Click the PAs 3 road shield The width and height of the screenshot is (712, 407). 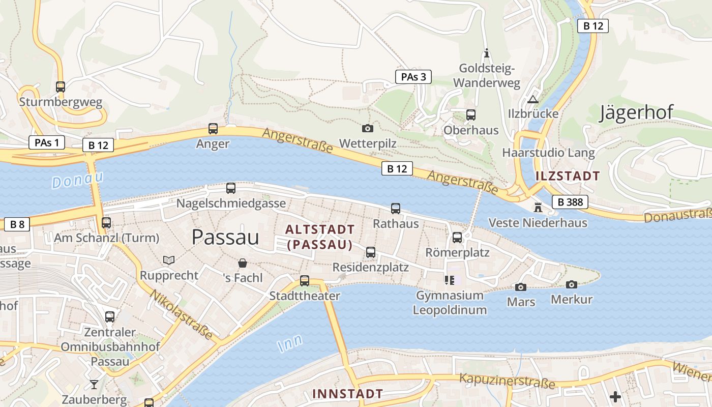click(x=413, y=77)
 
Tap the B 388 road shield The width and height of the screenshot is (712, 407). click(x=570, y=202)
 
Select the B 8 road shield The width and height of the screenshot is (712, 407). click(x=17, y=224)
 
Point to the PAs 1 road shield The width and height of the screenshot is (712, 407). click(x=46, y=142)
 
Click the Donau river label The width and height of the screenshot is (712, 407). click(x=77, y=180)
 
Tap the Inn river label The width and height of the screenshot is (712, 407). click(x=290, y=343)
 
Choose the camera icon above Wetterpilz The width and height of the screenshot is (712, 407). click(x=367, y=129)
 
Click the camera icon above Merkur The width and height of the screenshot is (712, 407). click(x=572, y=284)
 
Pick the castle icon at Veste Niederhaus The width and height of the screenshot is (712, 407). click(x=538, y=208)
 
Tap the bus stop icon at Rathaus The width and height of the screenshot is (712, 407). click(x=396, y=209)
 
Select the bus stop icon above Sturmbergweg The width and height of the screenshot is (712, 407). click(x=61, y=87)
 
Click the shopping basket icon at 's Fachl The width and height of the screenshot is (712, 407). click(x=243, y=263)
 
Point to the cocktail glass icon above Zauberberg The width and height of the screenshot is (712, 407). click(x=94, y=384)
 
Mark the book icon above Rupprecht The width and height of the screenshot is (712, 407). click(x=169, y=260)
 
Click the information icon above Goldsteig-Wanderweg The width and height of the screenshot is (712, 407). click(x=487, y=53)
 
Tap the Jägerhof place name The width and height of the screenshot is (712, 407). click(x=636, y=112)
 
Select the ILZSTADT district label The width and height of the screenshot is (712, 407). click(x=568, y=176)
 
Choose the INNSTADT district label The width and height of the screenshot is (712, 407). click(x=347, y=393)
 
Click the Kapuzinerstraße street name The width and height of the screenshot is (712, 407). click(x=507, y=380)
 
